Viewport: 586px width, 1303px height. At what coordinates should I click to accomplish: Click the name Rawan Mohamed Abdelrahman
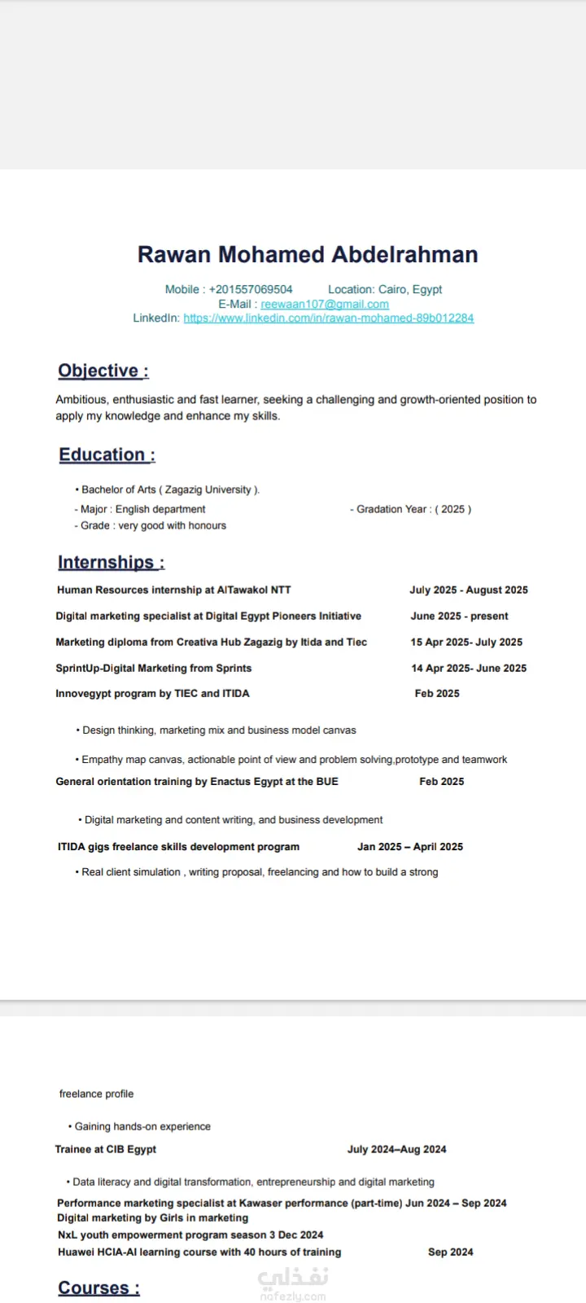[308, 255]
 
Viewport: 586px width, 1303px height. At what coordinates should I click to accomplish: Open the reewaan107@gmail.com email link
[325, 304]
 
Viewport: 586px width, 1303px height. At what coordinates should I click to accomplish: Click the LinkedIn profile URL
[328, 318]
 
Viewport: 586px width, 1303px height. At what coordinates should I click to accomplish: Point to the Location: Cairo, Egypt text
[385, 289]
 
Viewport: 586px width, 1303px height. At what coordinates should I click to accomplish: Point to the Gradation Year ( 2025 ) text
[410, 509]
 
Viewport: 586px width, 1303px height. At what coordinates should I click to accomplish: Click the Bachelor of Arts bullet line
[169, 489]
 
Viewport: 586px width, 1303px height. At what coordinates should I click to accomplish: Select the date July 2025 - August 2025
[468, 590]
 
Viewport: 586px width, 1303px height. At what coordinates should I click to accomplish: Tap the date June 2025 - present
[459, 616]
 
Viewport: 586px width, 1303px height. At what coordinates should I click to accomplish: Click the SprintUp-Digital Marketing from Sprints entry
[153, 668]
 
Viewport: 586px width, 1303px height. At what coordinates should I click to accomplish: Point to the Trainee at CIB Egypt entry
[105, 1149]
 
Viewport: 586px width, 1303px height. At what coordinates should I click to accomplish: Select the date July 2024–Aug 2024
[396, 1149]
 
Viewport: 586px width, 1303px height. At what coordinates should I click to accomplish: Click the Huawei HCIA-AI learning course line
[199, 1252]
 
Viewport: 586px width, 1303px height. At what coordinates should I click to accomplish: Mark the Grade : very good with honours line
[151, 525]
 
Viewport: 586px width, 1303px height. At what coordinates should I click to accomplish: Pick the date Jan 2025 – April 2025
[409, 846]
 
